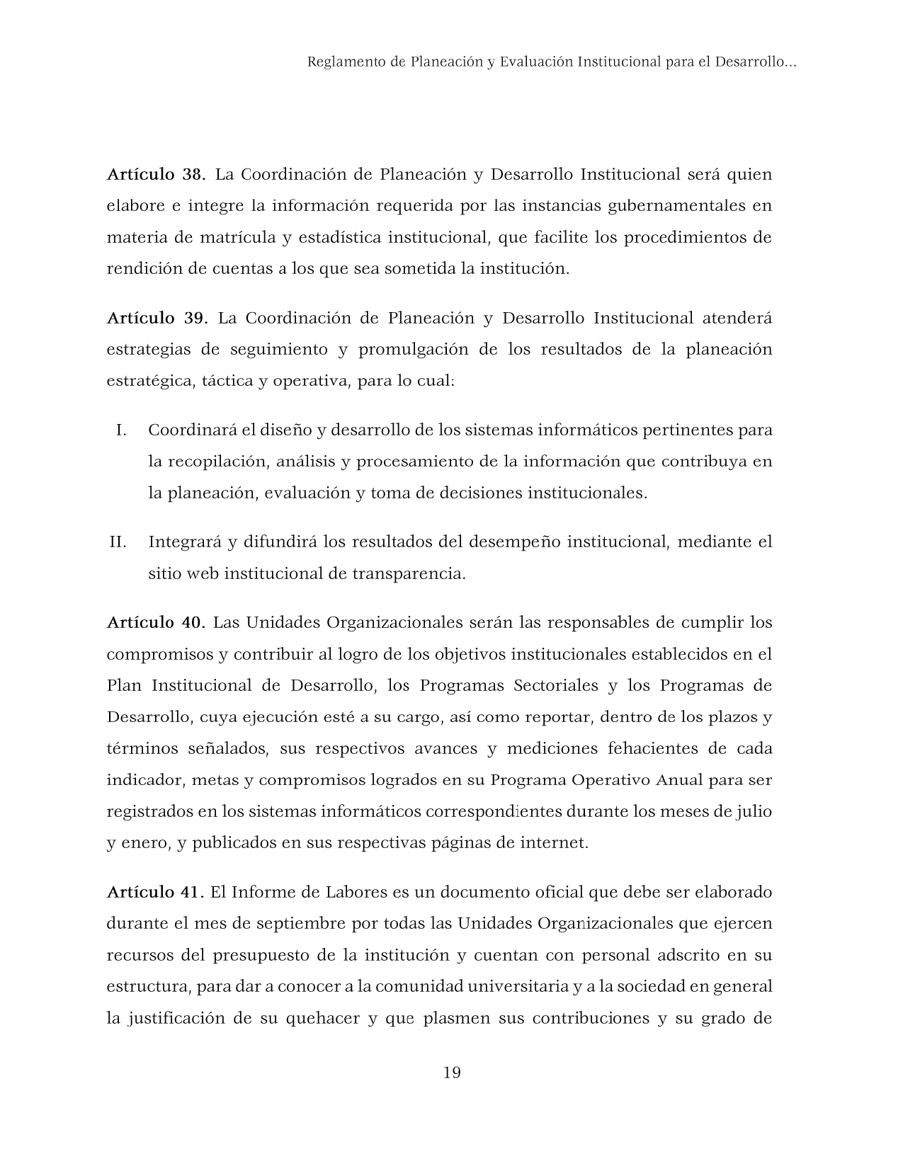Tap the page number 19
pos(452,1072)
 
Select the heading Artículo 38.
pos(156,174)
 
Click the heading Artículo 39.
pos(157,318)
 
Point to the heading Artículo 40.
pos(156,623)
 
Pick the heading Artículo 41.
pos(156,892)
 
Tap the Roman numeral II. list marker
pos(118,542)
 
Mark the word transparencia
pos(409,573)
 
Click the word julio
pos(752,811)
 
